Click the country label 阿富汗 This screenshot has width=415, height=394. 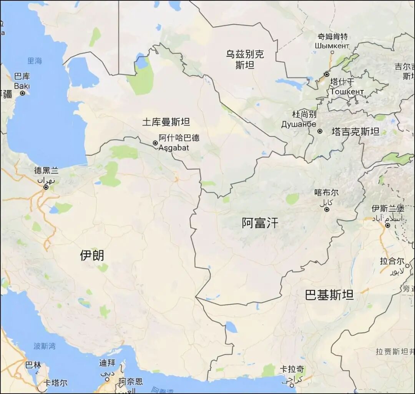(x=259, y=223)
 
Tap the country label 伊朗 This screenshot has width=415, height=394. (x=92, y=255)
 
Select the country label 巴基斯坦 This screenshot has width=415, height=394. (x=329, y=295)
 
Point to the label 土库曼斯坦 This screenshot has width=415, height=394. (x=166, y=122)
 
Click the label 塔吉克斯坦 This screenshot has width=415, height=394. (x=355, y=132)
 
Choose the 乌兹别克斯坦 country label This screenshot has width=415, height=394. (x=245, y=60)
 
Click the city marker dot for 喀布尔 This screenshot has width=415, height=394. (x=327, y=209)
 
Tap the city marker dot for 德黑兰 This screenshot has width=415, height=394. (x=46, y=187)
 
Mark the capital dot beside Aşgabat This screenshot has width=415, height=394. (x=155, y=143)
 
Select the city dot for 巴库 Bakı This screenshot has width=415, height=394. (x=23, y=93)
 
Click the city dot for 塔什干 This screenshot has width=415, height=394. (x=327, y=74)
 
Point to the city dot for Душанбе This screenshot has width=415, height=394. (x=320, y=131)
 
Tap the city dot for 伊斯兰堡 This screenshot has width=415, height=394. (x=388, y=225)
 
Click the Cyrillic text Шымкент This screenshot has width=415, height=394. (x=332, y=46)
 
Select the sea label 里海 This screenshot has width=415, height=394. (x=35, y=61)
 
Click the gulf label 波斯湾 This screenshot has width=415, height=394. (x=45, y=346)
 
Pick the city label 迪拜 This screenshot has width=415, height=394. (x=107, y=363)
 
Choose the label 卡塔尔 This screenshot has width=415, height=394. (x=56, y=383)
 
